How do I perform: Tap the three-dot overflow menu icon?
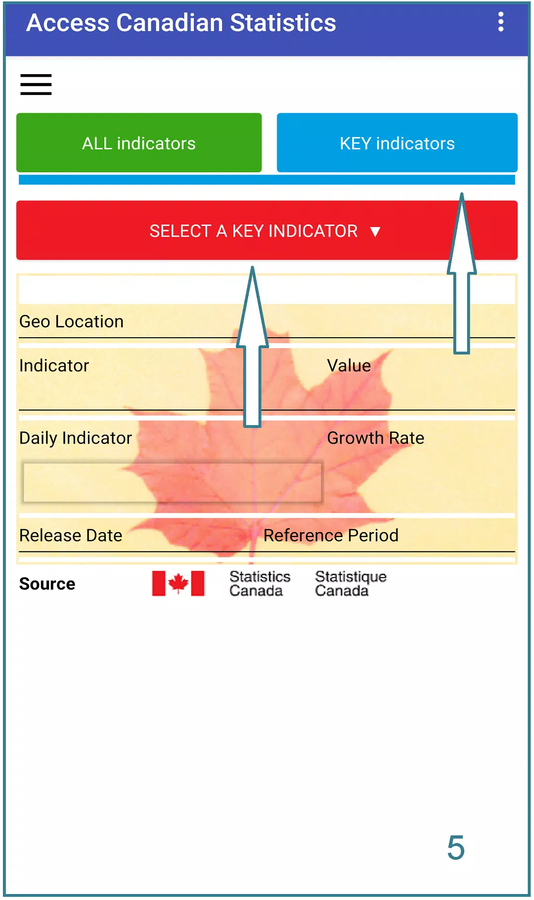tap(501, 22)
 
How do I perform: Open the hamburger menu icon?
tap(36, 84)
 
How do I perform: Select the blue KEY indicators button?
tap(397, 143)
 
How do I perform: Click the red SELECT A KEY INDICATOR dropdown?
tap(267, 230)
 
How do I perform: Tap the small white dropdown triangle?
tap(375, 231)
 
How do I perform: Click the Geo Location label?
tap(72, 322)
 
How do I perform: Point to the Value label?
tap(349, 365)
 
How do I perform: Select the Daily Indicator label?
tap(76, 438)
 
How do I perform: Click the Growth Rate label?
tap(376, 438)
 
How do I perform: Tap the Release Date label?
tap(71, 536)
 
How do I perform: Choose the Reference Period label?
tap(331, 536)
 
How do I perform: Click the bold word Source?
tap(47, 584)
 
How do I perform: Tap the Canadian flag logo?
tap(178, 584)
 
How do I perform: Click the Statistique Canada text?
tap(351, 584)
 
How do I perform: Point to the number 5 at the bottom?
tap(456, 848)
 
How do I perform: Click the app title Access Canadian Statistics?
tap(181, 23)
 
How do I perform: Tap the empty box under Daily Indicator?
tap(173, 482)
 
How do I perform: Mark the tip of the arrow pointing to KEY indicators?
tap(462, 193)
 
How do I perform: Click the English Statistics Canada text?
tap(260, 584)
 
